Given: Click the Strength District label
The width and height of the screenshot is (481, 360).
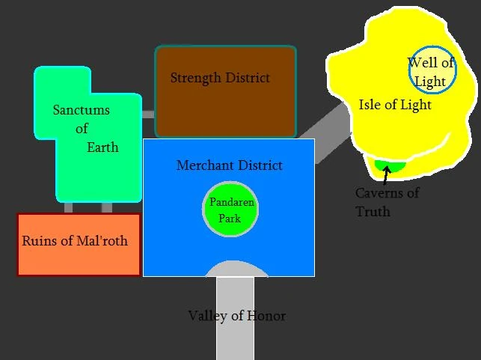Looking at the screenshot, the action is [x=220, y=78].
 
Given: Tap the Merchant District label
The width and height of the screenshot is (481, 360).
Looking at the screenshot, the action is [x=229, y=165].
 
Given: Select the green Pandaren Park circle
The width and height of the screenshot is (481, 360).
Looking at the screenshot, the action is [x=230, y=209].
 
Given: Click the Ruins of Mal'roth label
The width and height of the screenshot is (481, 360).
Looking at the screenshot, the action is [x=75, y=241].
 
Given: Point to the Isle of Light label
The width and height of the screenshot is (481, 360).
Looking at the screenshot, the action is [x=395, y=105].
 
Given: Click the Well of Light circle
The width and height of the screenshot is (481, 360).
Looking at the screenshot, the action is [x=432, y=70].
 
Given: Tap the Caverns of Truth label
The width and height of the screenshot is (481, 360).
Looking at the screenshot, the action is [x=387, y=202].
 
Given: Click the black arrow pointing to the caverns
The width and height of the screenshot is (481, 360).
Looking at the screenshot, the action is [x=386, y=175].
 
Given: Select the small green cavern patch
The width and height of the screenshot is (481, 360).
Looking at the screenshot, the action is [x=390, y=166].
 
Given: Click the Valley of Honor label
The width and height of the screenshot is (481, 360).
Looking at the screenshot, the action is [x=237, y=316].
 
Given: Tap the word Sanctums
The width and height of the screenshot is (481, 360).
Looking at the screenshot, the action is [x=82, y=110].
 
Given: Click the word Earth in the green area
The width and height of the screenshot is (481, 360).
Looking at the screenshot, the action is [x=102, y=147].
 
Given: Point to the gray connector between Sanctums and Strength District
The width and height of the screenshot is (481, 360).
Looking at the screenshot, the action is [x=148, y=115].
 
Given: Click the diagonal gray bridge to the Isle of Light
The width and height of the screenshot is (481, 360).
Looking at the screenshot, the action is [x=325, y=133].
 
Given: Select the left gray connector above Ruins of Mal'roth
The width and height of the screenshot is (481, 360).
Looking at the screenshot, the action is [x=68, y=208].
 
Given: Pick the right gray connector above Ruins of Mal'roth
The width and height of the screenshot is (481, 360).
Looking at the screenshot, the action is [x=107, y=208].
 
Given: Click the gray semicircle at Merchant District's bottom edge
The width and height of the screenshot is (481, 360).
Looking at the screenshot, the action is [x=236, y=269].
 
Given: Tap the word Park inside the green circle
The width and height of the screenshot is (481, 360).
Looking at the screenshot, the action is [x=230, y=219].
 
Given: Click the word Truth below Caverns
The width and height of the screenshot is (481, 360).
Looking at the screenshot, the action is [x=373, y=212].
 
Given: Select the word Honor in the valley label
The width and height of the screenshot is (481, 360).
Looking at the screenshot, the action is [x=266, y=316].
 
